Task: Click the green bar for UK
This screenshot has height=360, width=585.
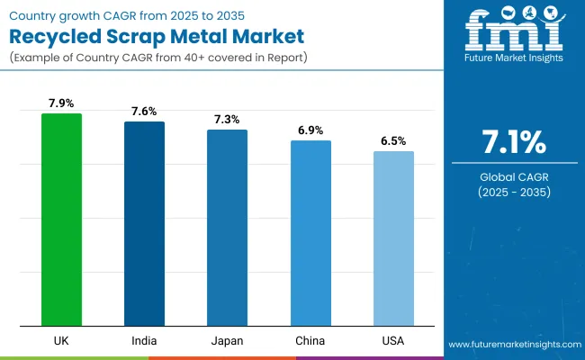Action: pos(61,220)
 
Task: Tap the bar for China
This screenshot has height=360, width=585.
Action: pos(310,233)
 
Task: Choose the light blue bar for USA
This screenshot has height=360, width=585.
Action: pos(393,238)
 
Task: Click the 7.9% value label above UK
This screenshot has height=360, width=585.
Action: pos(61,103)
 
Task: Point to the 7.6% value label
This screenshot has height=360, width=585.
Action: pos(144,112)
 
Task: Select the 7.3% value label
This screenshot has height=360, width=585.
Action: pos(227,120)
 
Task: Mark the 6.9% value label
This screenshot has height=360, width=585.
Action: pos(310,130)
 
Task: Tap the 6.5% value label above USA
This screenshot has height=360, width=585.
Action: pos(393,141)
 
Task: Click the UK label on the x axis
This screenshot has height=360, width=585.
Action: pos(61,340)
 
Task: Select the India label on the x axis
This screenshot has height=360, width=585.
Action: pos(144,340)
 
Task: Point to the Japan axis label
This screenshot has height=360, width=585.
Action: pos(227,340)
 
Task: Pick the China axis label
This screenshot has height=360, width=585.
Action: pos(310,340)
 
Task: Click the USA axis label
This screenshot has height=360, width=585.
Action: pos(393,340)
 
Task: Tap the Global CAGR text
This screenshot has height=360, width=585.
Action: pos(513,176)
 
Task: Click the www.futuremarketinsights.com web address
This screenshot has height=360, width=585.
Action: pos(511,345)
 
